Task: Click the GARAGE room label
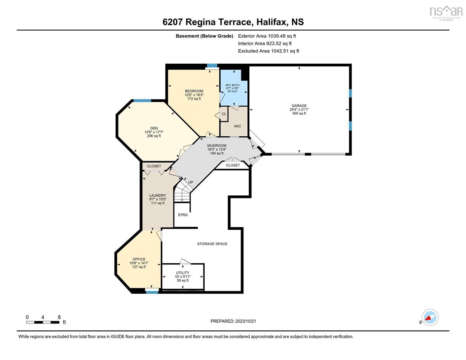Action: tap(299, 106)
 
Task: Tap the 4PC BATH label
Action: tap(232, 85)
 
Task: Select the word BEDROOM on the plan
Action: tap(194, 91)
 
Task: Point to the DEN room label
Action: tap(154, 128)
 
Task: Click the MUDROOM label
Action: tap(217, 146)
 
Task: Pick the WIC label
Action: tap(237, 126)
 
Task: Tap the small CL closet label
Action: tap(224, 114)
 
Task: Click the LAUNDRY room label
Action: tap(158, 196)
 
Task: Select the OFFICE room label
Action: tap(139, 259)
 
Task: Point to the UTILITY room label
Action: tap(183, 273)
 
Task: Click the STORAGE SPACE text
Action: tap(212, 244)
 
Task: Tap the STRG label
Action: tap(183, 215)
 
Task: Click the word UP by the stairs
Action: tap(190, 182)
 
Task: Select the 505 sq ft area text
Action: tap(299, 113)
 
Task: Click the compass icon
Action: tap(430, 318)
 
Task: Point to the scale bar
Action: tap(43, 322)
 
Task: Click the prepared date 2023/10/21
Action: tap(245, 321)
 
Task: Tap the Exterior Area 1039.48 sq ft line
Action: tap(267, 36)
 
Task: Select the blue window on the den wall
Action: tap(142, 100)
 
